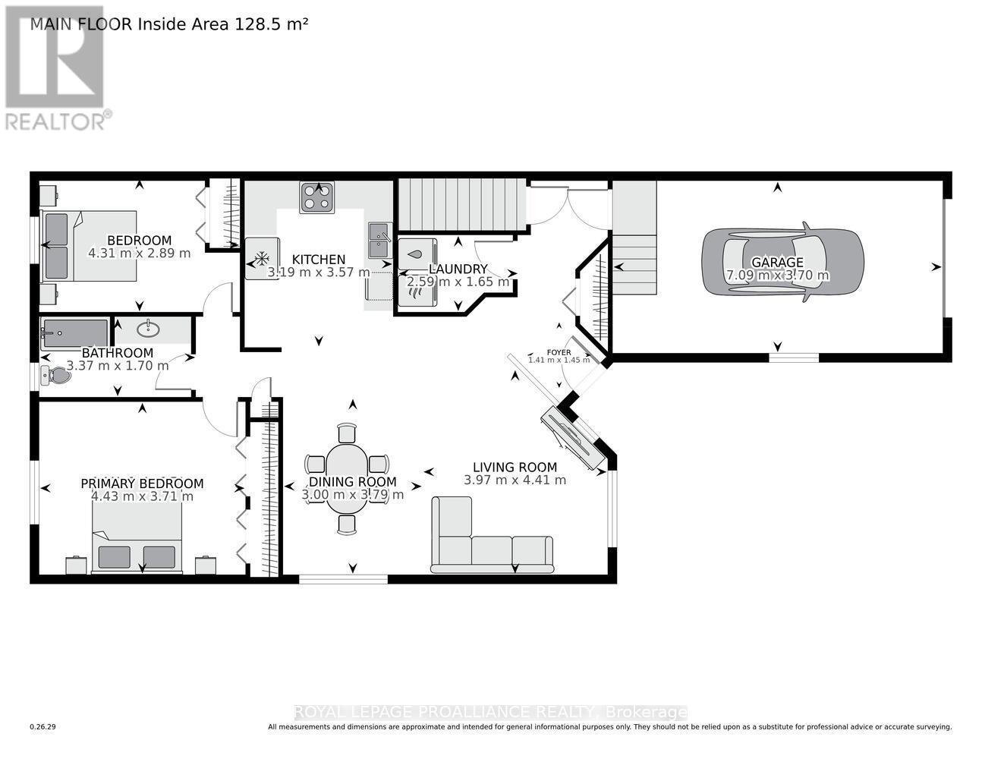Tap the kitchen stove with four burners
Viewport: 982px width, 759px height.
click(x=317, y=197)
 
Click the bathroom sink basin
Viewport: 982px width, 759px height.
click(x=149, y=329)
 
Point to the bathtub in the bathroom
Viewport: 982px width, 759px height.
click(x=74, y=333)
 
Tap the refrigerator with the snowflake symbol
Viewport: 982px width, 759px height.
click(x=262, y=258)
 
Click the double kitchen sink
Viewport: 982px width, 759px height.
click(x=379, y=241)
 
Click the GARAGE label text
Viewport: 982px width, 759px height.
click(x=777, y=263)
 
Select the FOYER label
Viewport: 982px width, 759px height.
click(x=559, y=352)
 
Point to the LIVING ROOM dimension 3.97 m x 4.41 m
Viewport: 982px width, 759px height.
click(x=515, y=480)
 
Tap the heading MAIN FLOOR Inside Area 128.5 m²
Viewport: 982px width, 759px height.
click(x=168, y=24)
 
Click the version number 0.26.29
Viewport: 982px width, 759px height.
click(x=42, y=727)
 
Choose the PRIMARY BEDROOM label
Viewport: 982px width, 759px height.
click(x=142, y=483)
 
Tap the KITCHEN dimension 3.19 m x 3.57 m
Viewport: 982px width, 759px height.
click(x=319, y=272)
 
